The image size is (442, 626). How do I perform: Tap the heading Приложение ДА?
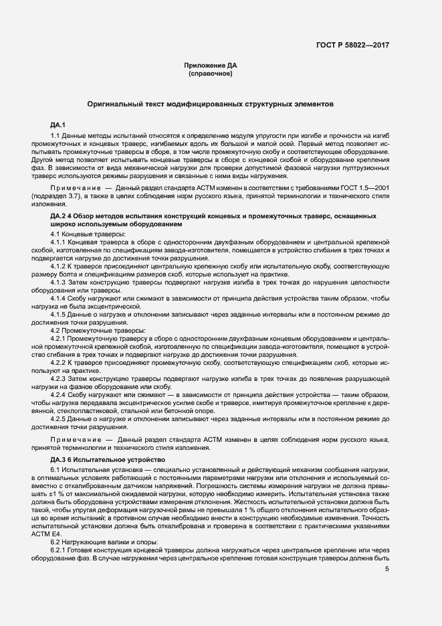click(210, 66)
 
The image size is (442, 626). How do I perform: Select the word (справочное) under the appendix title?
click(210, 74)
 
